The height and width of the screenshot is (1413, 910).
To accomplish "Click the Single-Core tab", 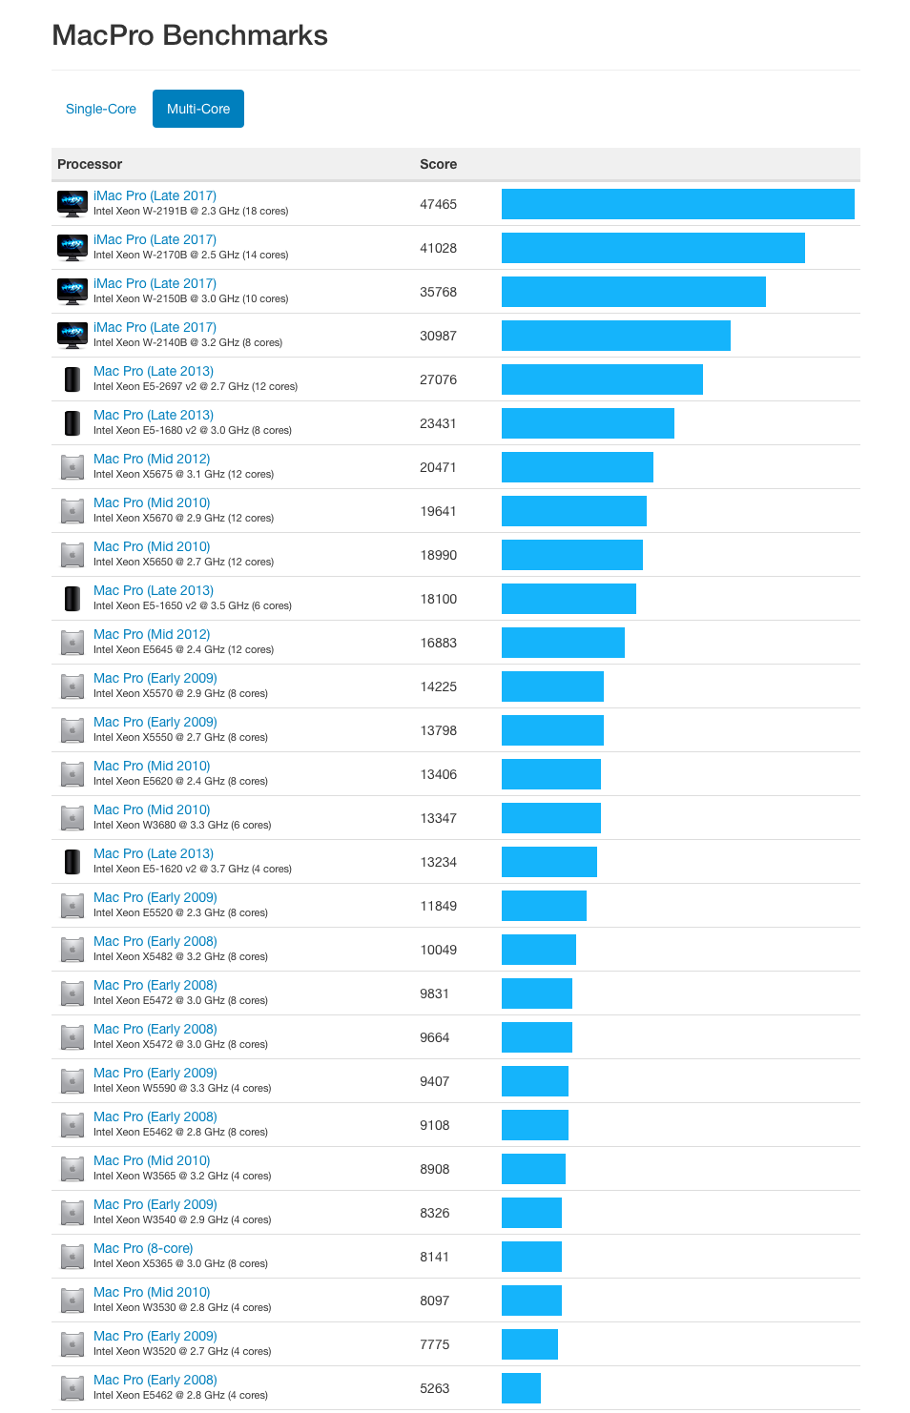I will tap(100, 109).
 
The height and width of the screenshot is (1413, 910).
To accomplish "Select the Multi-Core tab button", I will tap(198, 109).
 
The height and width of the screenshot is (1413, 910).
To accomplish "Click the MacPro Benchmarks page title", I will tap(190, 35).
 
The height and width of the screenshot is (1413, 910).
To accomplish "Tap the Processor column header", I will tap(90, 164).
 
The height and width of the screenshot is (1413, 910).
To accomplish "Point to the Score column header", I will tap(438, 164).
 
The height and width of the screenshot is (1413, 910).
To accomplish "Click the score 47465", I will tap(438, 204).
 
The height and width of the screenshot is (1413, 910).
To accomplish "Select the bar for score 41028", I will tap(652, 248).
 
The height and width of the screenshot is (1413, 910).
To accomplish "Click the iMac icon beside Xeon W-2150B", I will tap(72, 291).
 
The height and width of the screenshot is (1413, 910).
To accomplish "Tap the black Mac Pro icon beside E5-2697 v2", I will tap(72, 379).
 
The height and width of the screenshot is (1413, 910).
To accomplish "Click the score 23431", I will tap(438, 423).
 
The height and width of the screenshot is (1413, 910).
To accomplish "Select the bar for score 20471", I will tap(577, 467).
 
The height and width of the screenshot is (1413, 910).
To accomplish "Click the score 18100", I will tap(438, 599).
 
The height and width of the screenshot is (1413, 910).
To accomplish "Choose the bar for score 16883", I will tap(563, 643).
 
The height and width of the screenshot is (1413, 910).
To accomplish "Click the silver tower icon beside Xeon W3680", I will tap(72, 818).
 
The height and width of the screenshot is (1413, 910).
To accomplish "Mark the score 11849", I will tap(438, 906).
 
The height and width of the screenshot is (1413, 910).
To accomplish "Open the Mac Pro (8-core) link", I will tap(143, 1248).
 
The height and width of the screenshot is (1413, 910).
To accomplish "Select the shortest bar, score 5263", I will tap(521, 1388).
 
